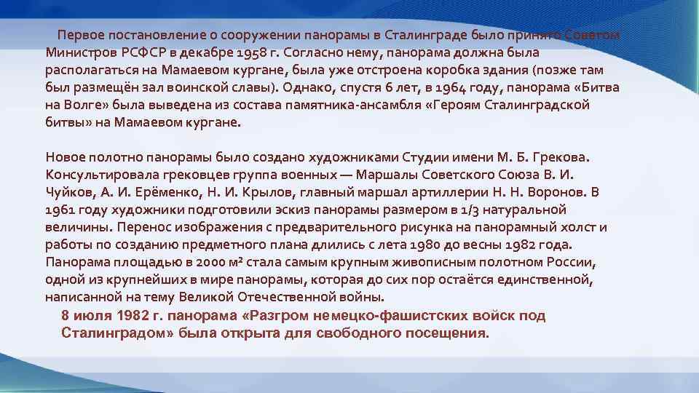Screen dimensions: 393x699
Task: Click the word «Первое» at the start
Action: [x=80, y=36]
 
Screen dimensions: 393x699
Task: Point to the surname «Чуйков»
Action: [x=68, y=193]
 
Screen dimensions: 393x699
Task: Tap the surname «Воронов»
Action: [x=553, y=193]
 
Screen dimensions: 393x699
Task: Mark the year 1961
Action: [x=60, y=210]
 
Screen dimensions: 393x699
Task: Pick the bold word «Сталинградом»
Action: [x=114, y=333]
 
